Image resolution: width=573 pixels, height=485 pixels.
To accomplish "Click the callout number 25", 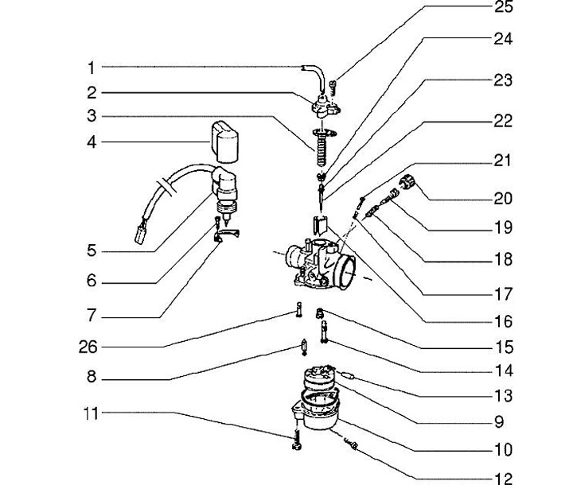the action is pyautogui.click(x=504, y=7).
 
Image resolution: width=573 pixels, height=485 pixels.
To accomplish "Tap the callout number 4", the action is pyautogui.click(x=92, y=142).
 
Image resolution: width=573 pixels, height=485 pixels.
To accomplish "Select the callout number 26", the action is pyautogui.click(x=88, y=347).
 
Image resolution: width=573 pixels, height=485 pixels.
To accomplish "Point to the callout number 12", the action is pyautogui.click(x=504, y=479).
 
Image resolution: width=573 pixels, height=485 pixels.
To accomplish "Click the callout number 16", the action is pyautogui.click(x=504, y=321).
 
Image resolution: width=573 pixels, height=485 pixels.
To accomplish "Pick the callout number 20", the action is pyautogui.click(x=503, y=199).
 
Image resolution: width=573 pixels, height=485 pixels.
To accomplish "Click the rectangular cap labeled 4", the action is pyautogui.click(x=224, y=142).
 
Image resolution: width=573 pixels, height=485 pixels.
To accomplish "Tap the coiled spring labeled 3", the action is pyautogui.click(x=322, y=149).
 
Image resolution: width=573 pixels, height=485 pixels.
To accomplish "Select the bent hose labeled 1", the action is pyautogui.click(x=315, y=75).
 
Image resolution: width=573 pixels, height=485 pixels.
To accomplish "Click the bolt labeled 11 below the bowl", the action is pyautogui.click(x=297, y=440).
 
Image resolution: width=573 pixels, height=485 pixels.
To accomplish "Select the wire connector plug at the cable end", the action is pyautogui.click(x=140, y=235).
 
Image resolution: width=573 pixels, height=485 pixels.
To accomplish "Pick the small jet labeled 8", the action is pyautogui.click(x=304, y=347).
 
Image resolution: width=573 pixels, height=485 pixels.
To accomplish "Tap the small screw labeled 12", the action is pyautogui.click(x=351, y=444).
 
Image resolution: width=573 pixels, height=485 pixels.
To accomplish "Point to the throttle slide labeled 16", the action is pyautogui.click(x=321, y=226).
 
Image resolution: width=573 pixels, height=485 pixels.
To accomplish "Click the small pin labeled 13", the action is pyautogui.click(x=348, y=375).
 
